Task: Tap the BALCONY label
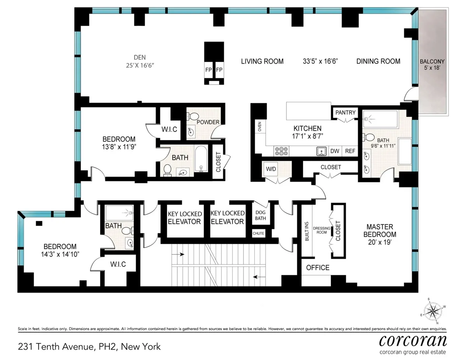(432, 61)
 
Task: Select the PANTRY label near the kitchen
(345, 112)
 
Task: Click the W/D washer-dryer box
(271, 169)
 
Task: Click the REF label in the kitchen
(350, 151)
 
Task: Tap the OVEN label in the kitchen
(259, 127)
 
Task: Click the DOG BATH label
(260, 216)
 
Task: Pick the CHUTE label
(259, 233)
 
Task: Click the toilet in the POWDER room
(192, 116)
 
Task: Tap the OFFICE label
(318, 268)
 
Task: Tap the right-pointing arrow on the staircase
(180, 254)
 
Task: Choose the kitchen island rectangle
(308, 111)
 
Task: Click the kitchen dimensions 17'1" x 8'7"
(307, 136)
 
